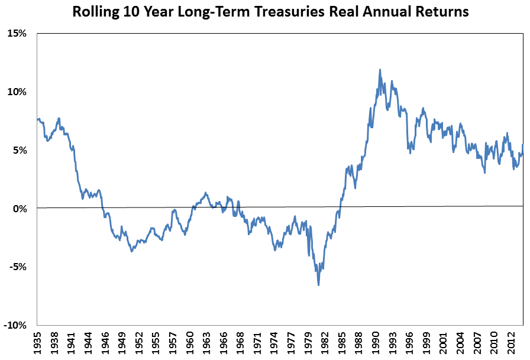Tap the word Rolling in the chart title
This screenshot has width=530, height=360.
tap(95, 12)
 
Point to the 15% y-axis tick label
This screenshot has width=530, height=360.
tap(18, 34)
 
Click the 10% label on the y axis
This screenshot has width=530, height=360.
tap(18, 92)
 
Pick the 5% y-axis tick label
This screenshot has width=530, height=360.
tap(20, 150)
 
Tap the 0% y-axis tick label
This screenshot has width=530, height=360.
tap(20, 208)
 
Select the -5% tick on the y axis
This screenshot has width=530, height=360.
tap(18, 267)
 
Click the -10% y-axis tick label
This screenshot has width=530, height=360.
tap(16, 325)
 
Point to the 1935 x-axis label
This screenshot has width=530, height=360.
tap(38, 343)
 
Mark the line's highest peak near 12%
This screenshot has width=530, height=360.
tap(380, 70)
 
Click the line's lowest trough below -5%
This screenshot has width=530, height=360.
tap(318, 286)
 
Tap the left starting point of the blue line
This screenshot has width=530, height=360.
tap(37, 119)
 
